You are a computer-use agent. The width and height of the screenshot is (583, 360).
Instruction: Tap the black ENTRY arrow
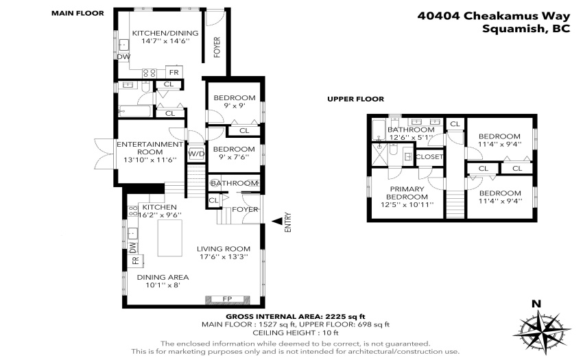click(x=277, y=221)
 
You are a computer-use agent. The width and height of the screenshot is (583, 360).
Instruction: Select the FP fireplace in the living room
click(x=227, y=299)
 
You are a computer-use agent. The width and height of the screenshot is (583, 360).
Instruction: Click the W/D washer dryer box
click(x=196, y=154)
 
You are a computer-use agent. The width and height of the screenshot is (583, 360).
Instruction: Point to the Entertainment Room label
click(x=150, y=148)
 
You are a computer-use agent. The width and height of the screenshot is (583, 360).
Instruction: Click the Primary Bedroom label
click(x=407, y=193)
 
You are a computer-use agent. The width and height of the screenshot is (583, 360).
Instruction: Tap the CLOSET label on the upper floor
click(x=429, y=157)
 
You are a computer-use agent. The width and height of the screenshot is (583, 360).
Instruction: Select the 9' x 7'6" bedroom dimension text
click(x=234, y=157)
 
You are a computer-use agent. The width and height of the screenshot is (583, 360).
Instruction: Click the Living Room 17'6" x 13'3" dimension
click(x=224, y=256)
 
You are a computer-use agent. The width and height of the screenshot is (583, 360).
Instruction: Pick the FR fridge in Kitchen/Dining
click(x=174, y=72)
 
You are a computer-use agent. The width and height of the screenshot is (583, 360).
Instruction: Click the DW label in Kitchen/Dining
click(x=124, y=57)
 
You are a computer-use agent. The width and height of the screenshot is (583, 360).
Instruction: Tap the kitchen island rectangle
click(x=170, y=238)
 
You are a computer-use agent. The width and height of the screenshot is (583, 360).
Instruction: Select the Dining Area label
click(x=163, y=277)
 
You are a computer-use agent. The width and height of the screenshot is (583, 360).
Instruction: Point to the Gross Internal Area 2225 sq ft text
click(x=296, y=317)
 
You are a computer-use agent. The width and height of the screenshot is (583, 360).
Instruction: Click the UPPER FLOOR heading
click(x=355, y=99)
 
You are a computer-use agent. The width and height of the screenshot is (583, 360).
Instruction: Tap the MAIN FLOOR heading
click(x=78, y=14)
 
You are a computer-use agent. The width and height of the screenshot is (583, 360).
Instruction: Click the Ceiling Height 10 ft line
click(x=296, y=333)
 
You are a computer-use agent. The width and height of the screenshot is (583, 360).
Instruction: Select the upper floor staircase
click(x=455, y=204)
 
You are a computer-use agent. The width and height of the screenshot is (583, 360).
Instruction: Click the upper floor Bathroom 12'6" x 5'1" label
click(x=411, y=133)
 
